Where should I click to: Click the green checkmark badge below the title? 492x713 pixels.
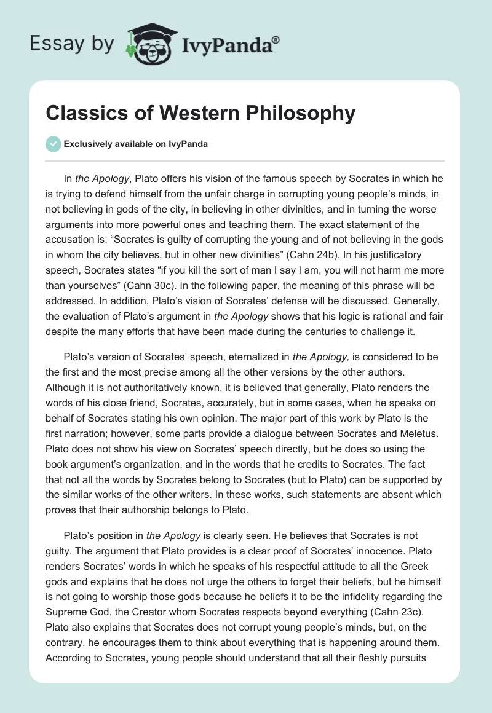[x=53, y=144]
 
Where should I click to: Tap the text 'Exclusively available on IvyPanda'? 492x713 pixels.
[x=135, y=144]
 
